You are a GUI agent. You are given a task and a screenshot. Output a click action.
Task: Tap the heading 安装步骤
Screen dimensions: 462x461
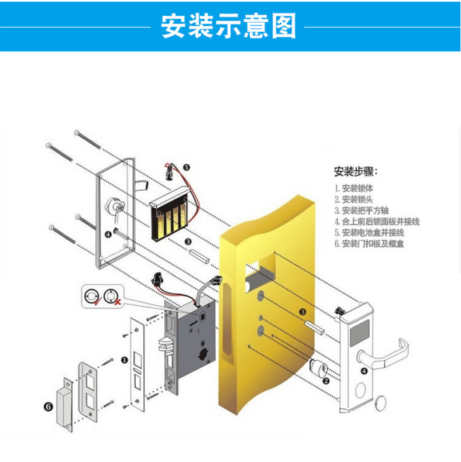[356, 173]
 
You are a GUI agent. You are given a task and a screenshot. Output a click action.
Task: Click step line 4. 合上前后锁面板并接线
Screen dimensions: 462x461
[377, 222]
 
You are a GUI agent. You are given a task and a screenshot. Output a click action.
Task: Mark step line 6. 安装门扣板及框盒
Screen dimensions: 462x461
[373, 244]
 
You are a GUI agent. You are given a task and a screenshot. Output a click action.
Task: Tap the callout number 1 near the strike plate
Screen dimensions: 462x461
[124, 361]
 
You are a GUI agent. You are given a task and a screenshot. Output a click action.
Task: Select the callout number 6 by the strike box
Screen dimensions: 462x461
[49, 405]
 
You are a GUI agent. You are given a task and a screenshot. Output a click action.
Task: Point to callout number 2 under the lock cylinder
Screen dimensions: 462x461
[326, 381]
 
